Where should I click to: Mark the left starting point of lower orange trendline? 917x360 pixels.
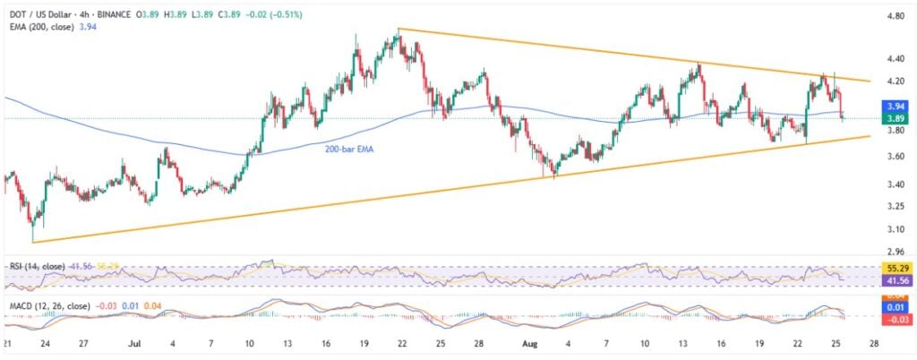click(32, 242)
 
